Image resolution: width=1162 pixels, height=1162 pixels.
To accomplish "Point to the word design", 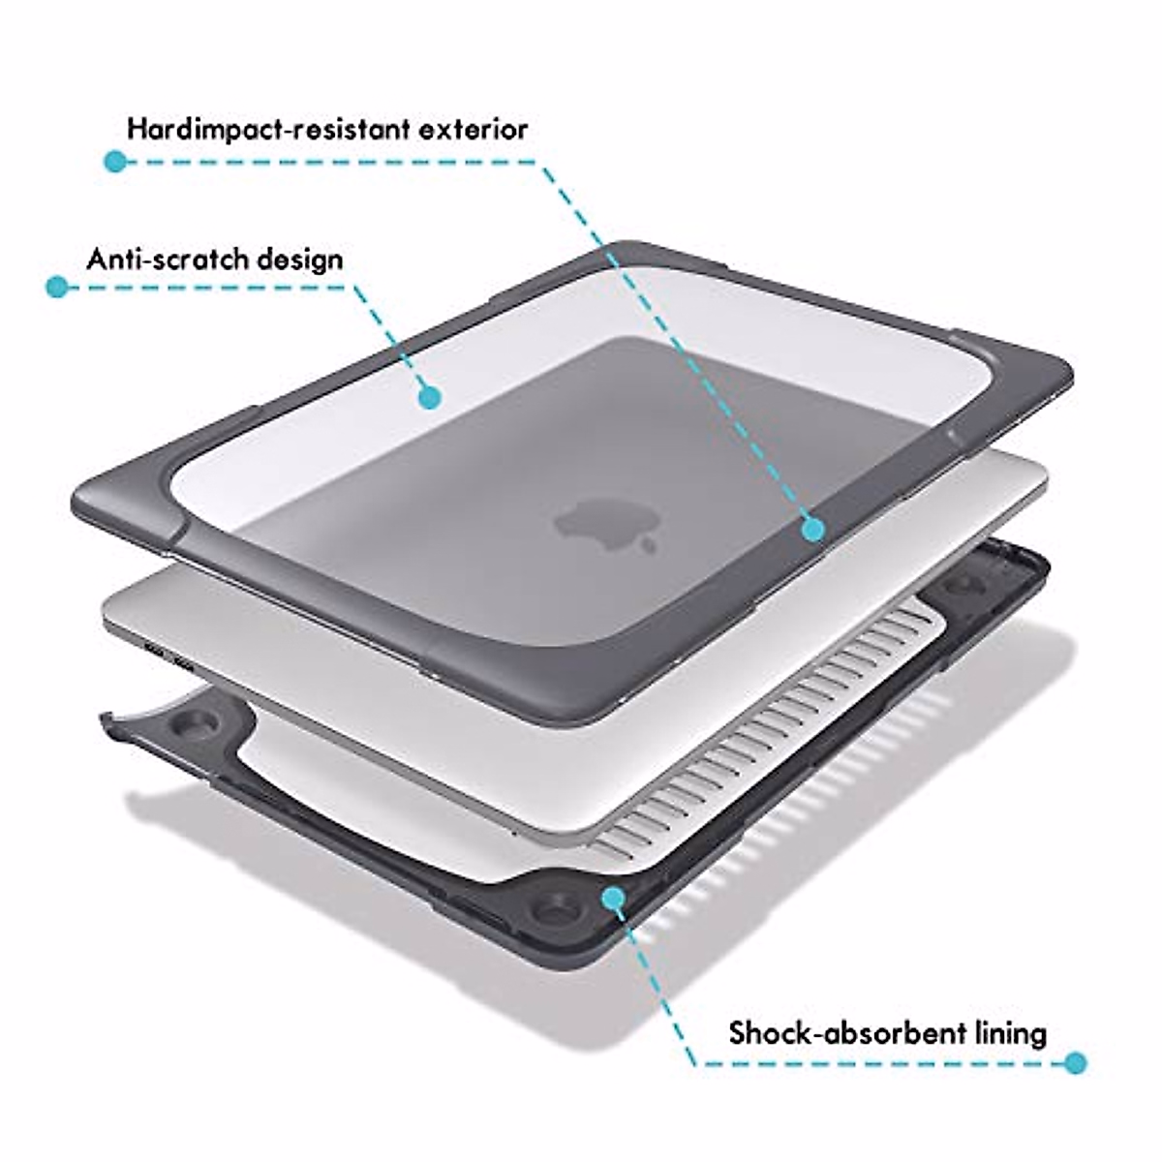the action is (300, 260).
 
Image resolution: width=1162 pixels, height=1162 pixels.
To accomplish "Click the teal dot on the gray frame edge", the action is (812, 529).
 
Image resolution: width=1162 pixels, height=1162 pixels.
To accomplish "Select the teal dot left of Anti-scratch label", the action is (58, 287).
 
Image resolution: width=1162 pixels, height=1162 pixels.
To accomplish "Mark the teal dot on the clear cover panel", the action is (430, 396).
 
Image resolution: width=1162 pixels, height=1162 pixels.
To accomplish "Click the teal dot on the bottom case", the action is (612, 900).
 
